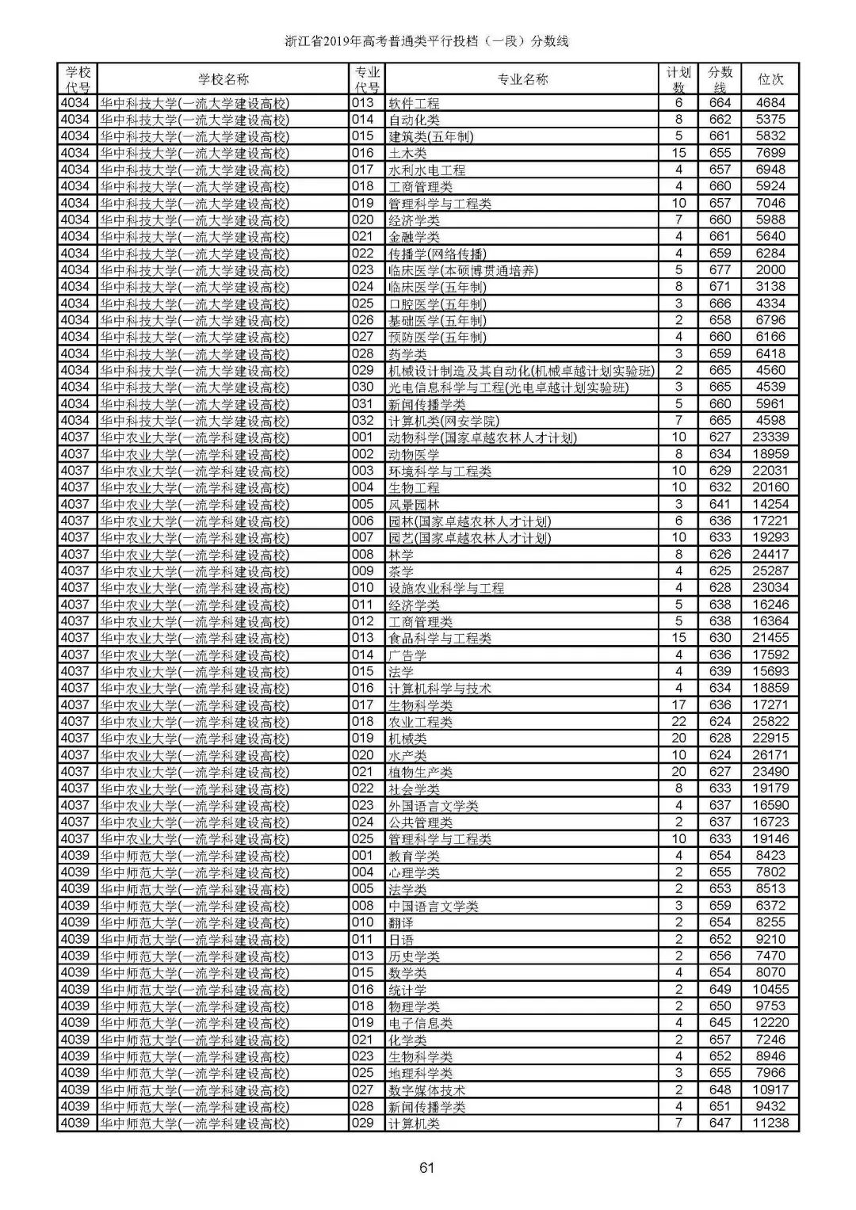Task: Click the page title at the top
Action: click(x=427, y=42)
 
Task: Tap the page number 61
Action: click(x=427, y=1167)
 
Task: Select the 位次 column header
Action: click(x=770, y=79)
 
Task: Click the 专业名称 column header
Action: click(x=522, y=79)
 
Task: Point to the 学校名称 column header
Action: click(x=223, y=79)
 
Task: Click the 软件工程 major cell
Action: click(x=414, y=103)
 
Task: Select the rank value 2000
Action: click(x=770, y=270)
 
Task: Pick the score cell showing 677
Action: click(x=720, y=270)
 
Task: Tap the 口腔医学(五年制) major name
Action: click(x=438, y=303)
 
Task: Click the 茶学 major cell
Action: click(x=401, y=571)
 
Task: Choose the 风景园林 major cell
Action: click(x=414, y=505)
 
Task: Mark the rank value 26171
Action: click(x=770, y=755)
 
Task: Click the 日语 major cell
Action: click(x=401, y=940)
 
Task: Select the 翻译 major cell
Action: click(x=401, y=922)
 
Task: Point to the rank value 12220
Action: click(x=770, y=1023)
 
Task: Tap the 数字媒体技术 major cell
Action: click(x=426, y=1090)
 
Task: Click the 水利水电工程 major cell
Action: click(x=426, y=170)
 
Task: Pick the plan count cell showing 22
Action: click(x=678, y=722)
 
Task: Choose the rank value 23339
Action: click(x=770, y=437)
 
